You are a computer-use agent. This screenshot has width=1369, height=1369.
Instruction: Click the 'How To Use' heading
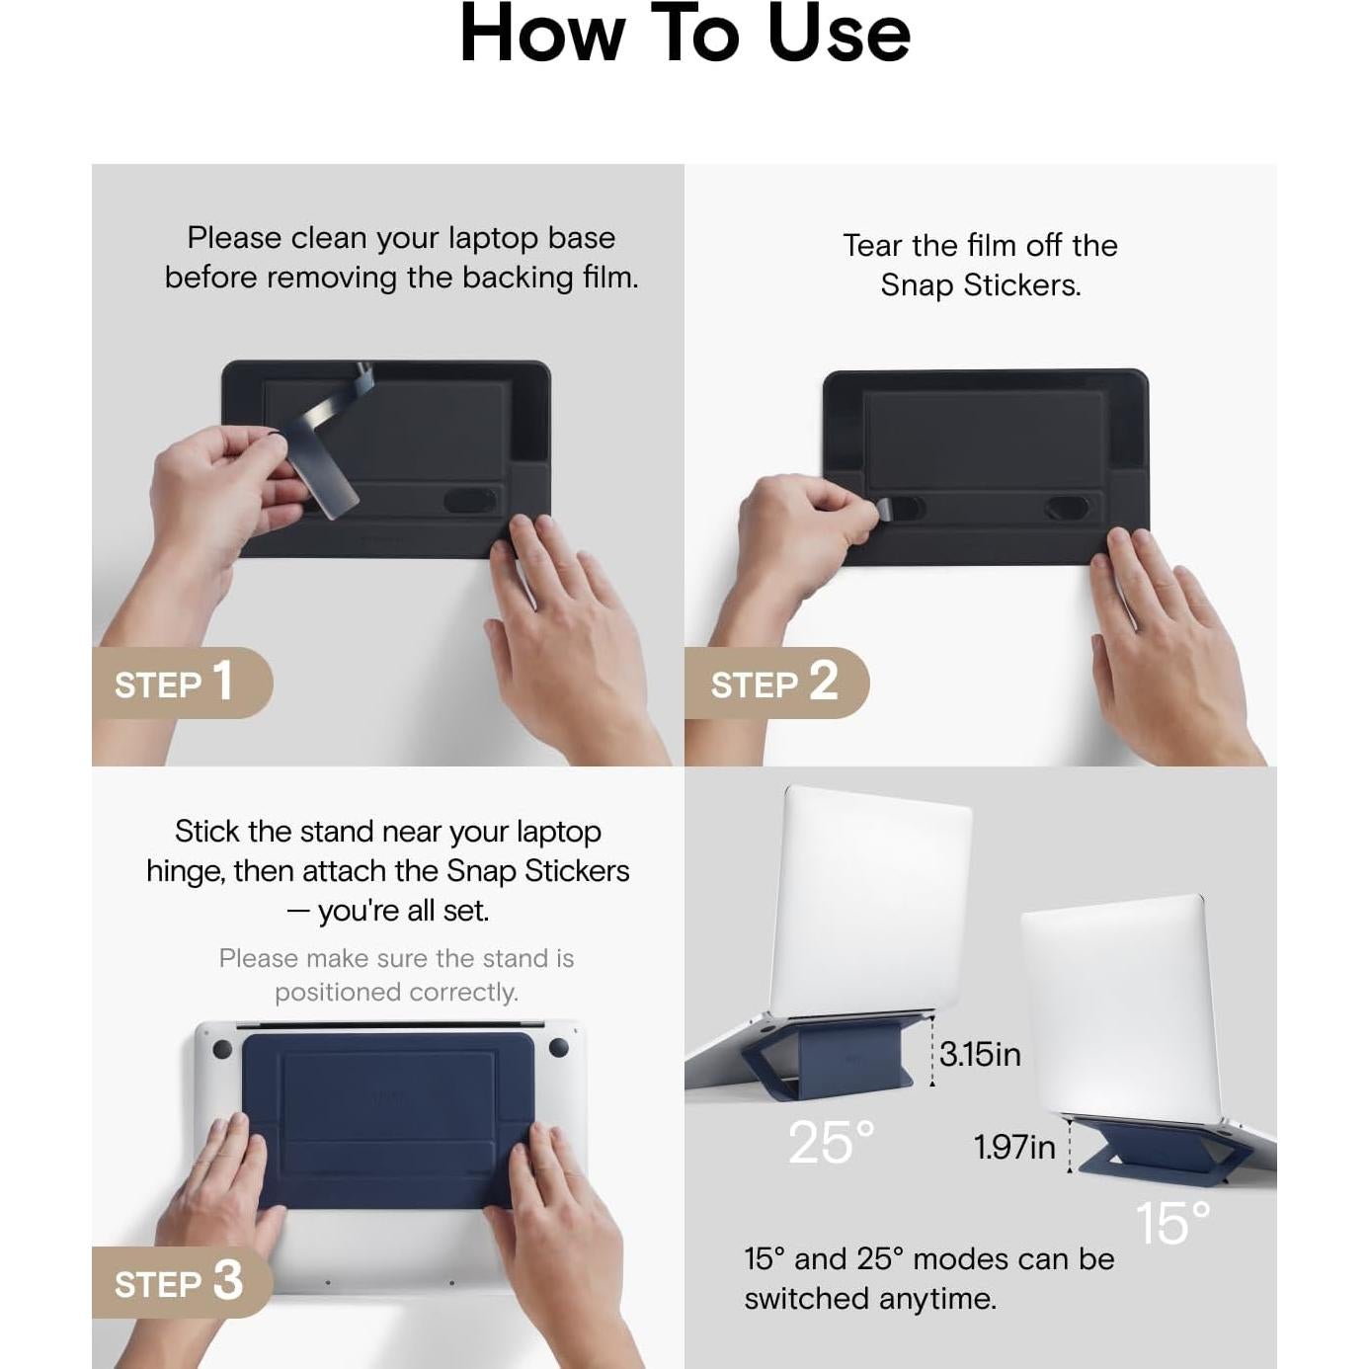coord(684,34)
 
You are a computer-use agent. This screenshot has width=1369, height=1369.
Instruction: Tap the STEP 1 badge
coord(183,682)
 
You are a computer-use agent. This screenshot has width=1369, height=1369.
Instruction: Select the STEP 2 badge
coord(777,682)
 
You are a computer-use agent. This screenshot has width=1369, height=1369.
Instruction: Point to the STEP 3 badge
coord(183,1282)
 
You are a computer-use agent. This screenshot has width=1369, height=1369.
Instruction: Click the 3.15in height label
coord(980,1054)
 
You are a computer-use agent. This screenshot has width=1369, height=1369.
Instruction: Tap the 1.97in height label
coord(1014,1148)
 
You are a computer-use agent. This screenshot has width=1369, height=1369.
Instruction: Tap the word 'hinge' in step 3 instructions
coord(185,872)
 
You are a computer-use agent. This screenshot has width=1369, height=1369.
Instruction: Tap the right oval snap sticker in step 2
coord(1067,508)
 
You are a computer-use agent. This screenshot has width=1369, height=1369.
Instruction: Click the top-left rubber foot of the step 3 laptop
coord(222,1049)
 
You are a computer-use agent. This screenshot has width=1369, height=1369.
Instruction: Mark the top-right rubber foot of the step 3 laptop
coord(558,1047)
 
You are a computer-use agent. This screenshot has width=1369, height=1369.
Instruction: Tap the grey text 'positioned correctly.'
coord(396,993)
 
